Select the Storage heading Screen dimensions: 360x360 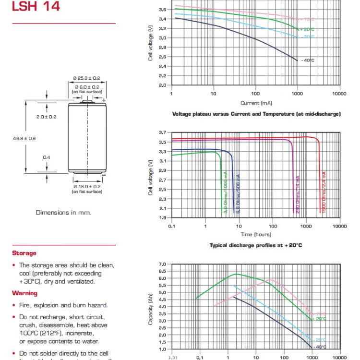coord(24,253)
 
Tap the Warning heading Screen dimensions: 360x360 coord(25,293)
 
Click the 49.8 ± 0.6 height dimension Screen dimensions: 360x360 coord(24,138)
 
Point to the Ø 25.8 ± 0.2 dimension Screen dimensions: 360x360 coord(86,78)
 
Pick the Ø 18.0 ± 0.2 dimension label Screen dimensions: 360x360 coord(87,186)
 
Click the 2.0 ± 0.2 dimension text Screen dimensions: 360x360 coord(47,117)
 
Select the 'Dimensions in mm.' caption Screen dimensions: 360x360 coord(63,212)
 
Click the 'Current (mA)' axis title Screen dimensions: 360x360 coord(256,103)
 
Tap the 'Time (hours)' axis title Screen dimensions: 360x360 coord(256,234)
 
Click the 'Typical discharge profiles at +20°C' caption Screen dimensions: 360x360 coord(256,245)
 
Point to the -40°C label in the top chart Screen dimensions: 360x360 coord(307,60)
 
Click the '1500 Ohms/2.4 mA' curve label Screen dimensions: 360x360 coord(324,192)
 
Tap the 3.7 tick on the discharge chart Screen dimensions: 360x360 coord(164,132)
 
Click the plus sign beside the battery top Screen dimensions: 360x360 coord(104,100)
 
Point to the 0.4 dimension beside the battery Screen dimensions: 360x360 coord(47,157)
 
